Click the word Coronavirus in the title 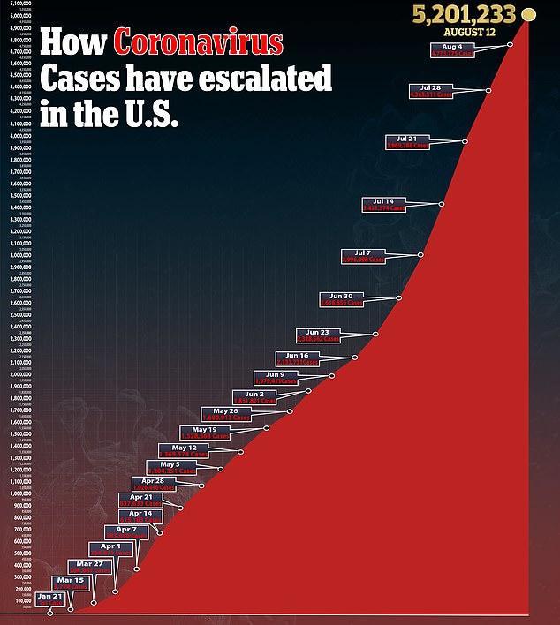tap(199, 43)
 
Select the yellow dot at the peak tap(529, 14)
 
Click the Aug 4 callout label tap(452, 49)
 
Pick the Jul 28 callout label tap(431, 91)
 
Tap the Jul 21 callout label tap(408, 141)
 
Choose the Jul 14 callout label tap(384, 205)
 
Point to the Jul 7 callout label tap(364, 257)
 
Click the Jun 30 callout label tap(342, 299)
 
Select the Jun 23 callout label tap(318, 335)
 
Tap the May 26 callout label tap(225, 414)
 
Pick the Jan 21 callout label tap(50, 599)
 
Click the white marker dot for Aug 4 tap(510, 44)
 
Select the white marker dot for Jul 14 tap(442, 204)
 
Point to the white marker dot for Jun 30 tap(399, 297)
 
